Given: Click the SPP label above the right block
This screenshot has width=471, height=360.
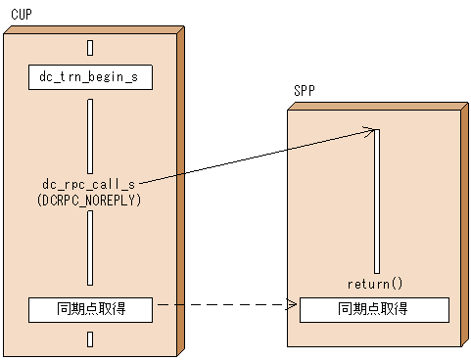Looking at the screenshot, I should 304,91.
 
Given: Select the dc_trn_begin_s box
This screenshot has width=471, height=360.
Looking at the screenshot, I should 90,77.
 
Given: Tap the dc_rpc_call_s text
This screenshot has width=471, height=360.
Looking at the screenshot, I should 89,183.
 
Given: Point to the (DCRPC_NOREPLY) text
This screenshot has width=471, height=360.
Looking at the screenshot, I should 89,199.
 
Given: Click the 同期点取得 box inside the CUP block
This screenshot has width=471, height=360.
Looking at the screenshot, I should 90,310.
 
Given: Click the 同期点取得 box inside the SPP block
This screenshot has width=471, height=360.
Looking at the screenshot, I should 374,310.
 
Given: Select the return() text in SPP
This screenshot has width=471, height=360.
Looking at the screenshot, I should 374,284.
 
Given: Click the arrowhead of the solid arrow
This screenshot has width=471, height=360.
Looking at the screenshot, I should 373,129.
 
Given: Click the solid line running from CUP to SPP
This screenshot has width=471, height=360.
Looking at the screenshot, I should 255,155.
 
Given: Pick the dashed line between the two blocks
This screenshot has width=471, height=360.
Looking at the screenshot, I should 225,305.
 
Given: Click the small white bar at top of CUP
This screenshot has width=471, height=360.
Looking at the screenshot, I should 90,47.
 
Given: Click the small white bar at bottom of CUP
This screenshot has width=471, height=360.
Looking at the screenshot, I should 90,339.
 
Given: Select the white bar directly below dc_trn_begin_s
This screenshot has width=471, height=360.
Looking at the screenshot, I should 90,133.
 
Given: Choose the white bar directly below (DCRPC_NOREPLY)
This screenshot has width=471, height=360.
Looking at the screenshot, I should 90,247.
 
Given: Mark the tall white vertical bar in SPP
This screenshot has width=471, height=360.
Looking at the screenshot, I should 375,201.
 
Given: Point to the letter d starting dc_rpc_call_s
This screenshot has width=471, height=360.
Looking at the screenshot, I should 46,183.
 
